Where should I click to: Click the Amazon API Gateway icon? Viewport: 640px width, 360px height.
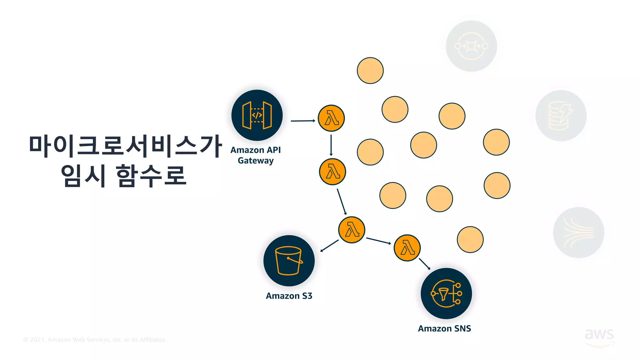coord(257,115)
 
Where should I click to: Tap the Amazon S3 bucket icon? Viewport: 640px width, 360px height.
coord(289,261)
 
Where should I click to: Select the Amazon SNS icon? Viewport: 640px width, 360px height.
coord(446,293)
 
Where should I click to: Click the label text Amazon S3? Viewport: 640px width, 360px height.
coord(289,296)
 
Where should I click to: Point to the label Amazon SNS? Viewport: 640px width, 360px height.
coord(444,329)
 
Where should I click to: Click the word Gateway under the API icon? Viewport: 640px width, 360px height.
coord(256,161)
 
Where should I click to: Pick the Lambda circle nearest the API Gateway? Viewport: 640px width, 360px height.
coord(331,118)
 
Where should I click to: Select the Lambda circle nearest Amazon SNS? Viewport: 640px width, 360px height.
coord(407,248)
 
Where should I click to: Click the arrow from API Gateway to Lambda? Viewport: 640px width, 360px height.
coord(302,121)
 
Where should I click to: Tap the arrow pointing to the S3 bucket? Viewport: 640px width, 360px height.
coord(329,246)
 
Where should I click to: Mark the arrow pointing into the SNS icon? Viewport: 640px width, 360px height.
coord(424,264)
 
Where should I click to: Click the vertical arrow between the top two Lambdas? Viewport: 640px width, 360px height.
coord(331,145)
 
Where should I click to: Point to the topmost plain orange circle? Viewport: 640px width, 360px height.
coord(370,71)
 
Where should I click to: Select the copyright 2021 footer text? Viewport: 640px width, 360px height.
coord(95,340)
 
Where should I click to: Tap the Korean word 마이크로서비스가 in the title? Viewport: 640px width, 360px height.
coord(125,146)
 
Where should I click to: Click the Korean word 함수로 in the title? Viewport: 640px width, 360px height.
coord(151,176)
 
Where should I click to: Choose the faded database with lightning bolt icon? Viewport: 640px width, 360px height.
coord(561,116)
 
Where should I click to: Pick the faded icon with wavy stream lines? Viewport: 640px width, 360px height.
coord(578,232)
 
